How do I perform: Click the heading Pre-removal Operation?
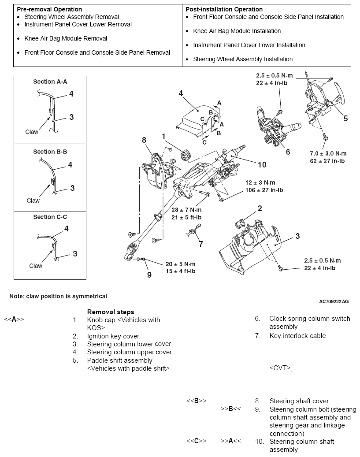pyautogui.click(x=49, y=9)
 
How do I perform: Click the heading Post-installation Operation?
pyautogui.click(x=224, y=9)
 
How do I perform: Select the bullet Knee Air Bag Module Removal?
pyautogui.click(x=65, y=38)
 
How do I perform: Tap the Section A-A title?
pyautogui.click(x=50, y=82)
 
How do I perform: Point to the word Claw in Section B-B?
pyautogui.click(x=33, y=201)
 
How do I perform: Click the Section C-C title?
pyautogui.click(x=50, y=217)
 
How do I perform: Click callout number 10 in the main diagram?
pyautogui.click(x=262, y=164)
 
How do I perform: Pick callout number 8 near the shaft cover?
pyautogui.click(x=144, y=140)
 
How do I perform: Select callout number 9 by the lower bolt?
pyautogui.click(x=149, y=275)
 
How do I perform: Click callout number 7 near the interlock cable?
pyautogui.click(x=201, y=244)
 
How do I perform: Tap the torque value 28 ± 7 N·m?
pyautogui.click(x=187, y=210)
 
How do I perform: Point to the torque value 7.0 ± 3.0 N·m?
pyautogui.click(x=328, y=153)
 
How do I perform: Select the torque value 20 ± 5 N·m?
pyautogui.click(x=180, y=264)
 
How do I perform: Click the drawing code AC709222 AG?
pyautogui.click(x=334, y=302)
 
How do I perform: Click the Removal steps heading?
pyautogui.click(x=111, y=312)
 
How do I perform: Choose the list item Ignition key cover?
pyautogui.click(x=113, y=336)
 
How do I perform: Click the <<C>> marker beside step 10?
pyautogui.click(x=196, y=442)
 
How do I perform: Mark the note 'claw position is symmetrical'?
pyautogui.click(x=58, y=296)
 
